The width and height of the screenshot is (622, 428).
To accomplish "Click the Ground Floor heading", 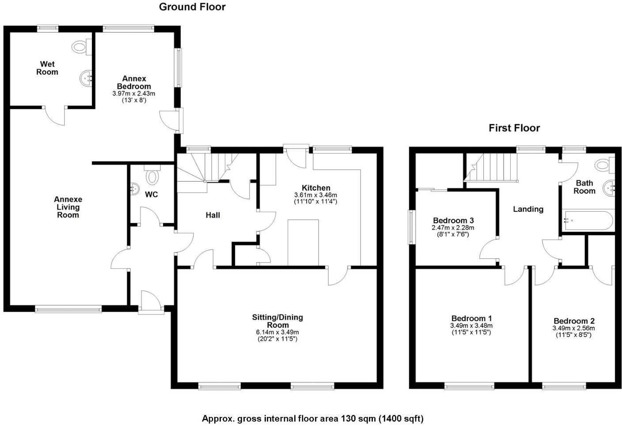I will pos(192,7).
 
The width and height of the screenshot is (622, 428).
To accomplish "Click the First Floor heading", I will pos(514,128).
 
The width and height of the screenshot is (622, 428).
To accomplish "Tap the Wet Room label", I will pos(47,68).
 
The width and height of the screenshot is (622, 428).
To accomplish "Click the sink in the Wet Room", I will pos(86,79).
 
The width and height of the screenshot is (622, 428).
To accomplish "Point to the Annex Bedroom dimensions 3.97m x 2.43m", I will pos(134,94).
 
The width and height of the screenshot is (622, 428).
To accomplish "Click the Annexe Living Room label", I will pos(68,207).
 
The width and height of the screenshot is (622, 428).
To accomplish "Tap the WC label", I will pos(152,195).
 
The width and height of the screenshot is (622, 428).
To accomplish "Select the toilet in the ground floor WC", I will pos(152,176).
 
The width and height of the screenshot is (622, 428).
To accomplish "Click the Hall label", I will pos(213,215).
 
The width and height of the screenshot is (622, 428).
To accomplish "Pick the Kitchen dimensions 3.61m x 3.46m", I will pos(316,195).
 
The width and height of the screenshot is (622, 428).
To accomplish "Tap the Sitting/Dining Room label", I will pos(277,321).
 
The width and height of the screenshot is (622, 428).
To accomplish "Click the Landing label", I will pos(528,209).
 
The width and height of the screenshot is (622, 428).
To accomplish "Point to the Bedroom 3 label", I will pos(453,220).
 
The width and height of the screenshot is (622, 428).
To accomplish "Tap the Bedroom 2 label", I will pos(574,321).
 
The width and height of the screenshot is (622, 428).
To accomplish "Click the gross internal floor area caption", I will pos(312,418).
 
